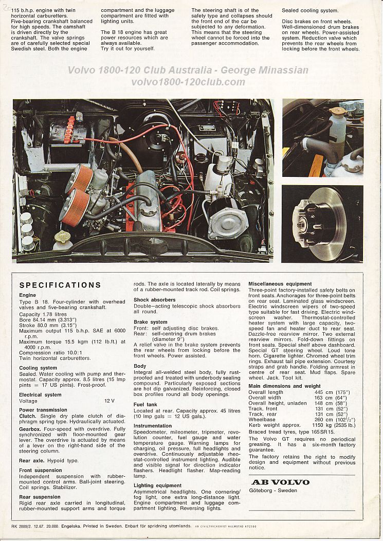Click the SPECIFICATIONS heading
[60, 285]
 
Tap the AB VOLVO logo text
[280, 482]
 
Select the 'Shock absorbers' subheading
[155, 300]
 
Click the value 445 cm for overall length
[323, 392]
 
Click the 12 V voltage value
[110, 401]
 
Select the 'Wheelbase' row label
[262, 420]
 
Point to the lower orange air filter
[74, 204]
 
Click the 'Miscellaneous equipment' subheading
[280, 284]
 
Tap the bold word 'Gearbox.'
[31, 428]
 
